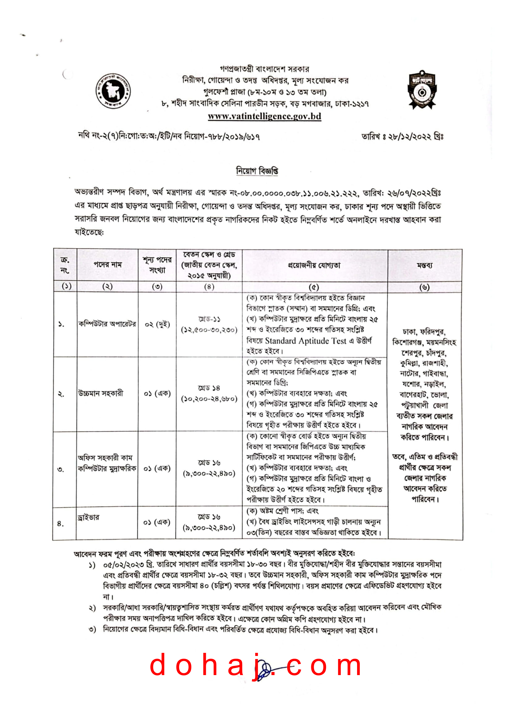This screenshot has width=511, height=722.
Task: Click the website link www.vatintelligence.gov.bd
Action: [x=264, y=116]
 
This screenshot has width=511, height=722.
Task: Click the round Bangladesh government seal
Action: [x=113, y=91]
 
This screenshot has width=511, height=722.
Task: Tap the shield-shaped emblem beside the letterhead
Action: [x=422, y=90]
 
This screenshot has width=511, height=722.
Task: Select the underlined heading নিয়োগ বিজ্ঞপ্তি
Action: [x=257, y=171]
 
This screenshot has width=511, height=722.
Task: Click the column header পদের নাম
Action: [x=107, y=265]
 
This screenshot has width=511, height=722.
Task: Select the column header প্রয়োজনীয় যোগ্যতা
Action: [x=314, y=265]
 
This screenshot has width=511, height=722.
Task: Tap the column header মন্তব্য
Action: [x=424, y=265]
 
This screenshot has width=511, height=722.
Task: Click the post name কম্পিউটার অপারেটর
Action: [x=107, y=324]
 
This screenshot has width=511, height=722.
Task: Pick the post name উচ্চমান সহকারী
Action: [x=101, y=393]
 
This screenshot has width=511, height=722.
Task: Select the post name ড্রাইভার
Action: [x=88, y=518]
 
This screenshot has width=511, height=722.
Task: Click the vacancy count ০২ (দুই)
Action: [x=157, y=324]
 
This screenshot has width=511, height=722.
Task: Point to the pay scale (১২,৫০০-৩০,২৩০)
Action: [x=209, y=330]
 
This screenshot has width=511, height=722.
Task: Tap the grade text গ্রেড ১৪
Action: [x=209, y=388]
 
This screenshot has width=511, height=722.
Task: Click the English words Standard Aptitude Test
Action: [x=305, y=341]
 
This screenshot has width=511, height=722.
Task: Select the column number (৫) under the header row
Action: [x=313, y=287]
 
